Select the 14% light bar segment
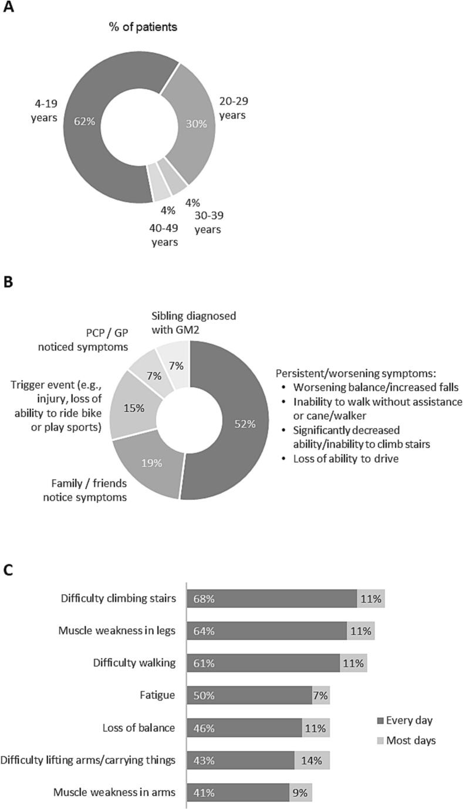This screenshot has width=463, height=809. [x=312, y=761]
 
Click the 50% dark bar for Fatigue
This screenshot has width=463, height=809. [x=249, y=696]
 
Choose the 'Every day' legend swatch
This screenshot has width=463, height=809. [x=380, y=720]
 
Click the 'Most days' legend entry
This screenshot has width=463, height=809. [x=411, y=740]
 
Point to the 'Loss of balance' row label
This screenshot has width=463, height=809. [x=138, y=728]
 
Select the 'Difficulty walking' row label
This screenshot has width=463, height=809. [x=134, y=664]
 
